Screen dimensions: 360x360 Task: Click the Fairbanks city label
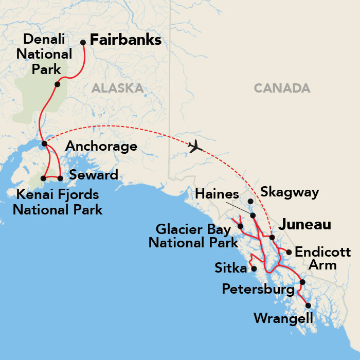coord(125,40)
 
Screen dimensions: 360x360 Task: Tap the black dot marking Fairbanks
coord(83,43)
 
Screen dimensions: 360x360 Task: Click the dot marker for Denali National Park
coord(58,84)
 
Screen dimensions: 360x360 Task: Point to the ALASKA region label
coord(117,88)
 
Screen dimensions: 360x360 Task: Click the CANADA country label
coord(282,88)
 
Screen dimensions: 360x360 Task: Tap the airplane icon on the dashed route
coord(195,147)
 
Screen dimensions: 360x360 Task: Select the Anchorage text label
coord(101,147)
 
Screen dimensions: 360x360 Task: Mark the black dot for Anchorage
coord(44,143)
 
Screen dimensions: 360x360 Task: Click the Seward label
coord(94,174)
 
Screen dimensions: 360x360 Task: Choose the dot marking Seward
coord(60,178)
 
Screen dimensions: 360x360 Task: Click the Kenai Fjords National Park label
coord(57,202)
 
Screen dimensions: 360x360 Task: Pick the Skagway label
coord(290,192)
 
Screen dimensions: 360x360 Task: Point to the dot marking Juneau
coord(272,238)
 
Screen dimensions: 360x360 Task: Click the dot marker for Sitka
coord(254,268)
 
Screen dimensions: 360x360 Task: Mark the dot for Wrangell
coord(308,305)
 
